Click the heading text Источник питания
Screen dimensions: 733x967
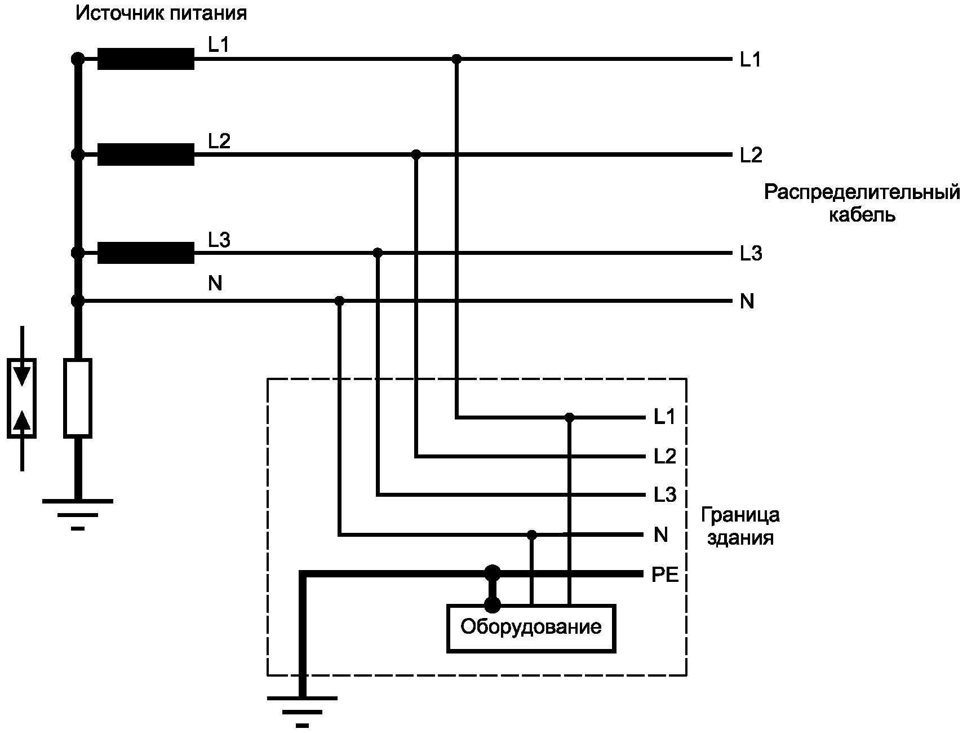pyautogui.click(x=161, y=14)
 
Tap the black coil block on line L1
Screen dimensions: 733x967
pyautogui.click(x=146, y=59)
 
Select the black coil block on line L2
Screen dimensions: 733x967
pyautogui.click(x=146, y=154)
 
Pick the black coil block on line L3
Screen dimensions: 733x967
pyautogui.click(x=146, y=253)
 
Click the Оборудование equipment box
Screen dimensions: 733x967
pyautogui.click(x=531, y=628)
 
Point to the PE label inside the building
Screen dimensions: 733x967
pyautogui.click(x=665, y=576)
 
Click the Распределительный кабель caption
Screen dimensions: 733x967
pyautogui.click(x=862, y=203)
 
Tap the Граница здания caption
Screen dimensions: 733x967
pyautogui.click(x=740, y=526)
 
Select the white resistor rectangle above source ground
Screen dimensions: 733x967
pyautogui.click(x=78, y=398)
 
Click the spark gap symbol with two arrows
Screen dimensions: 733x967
pyautogui.click(x=22, y=398)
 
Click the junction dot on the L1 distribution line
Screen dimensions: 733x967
pyautogui.click(x=456, y=59)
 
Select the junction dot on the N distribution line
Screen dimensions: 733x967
pyautogui.click(x=339, y=301)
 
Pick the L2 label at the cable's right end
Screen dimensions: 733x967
pyautogui.click(x=751, y=155)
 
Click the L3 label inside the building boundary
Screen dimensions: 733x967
pyautogui.click(x=664, y=495)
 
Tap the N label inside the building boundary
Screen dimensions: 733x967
pyautogui.click(x=660, y=535)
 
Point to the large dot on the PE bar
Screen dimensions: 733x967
pyautogui.click(x=493, y=573)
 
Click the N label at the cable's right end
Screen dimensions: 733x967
pyautogui.click(x=747, y=302)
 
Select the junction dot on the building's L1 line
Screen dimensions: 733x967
pyautogui.click(x=569, y=418)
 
